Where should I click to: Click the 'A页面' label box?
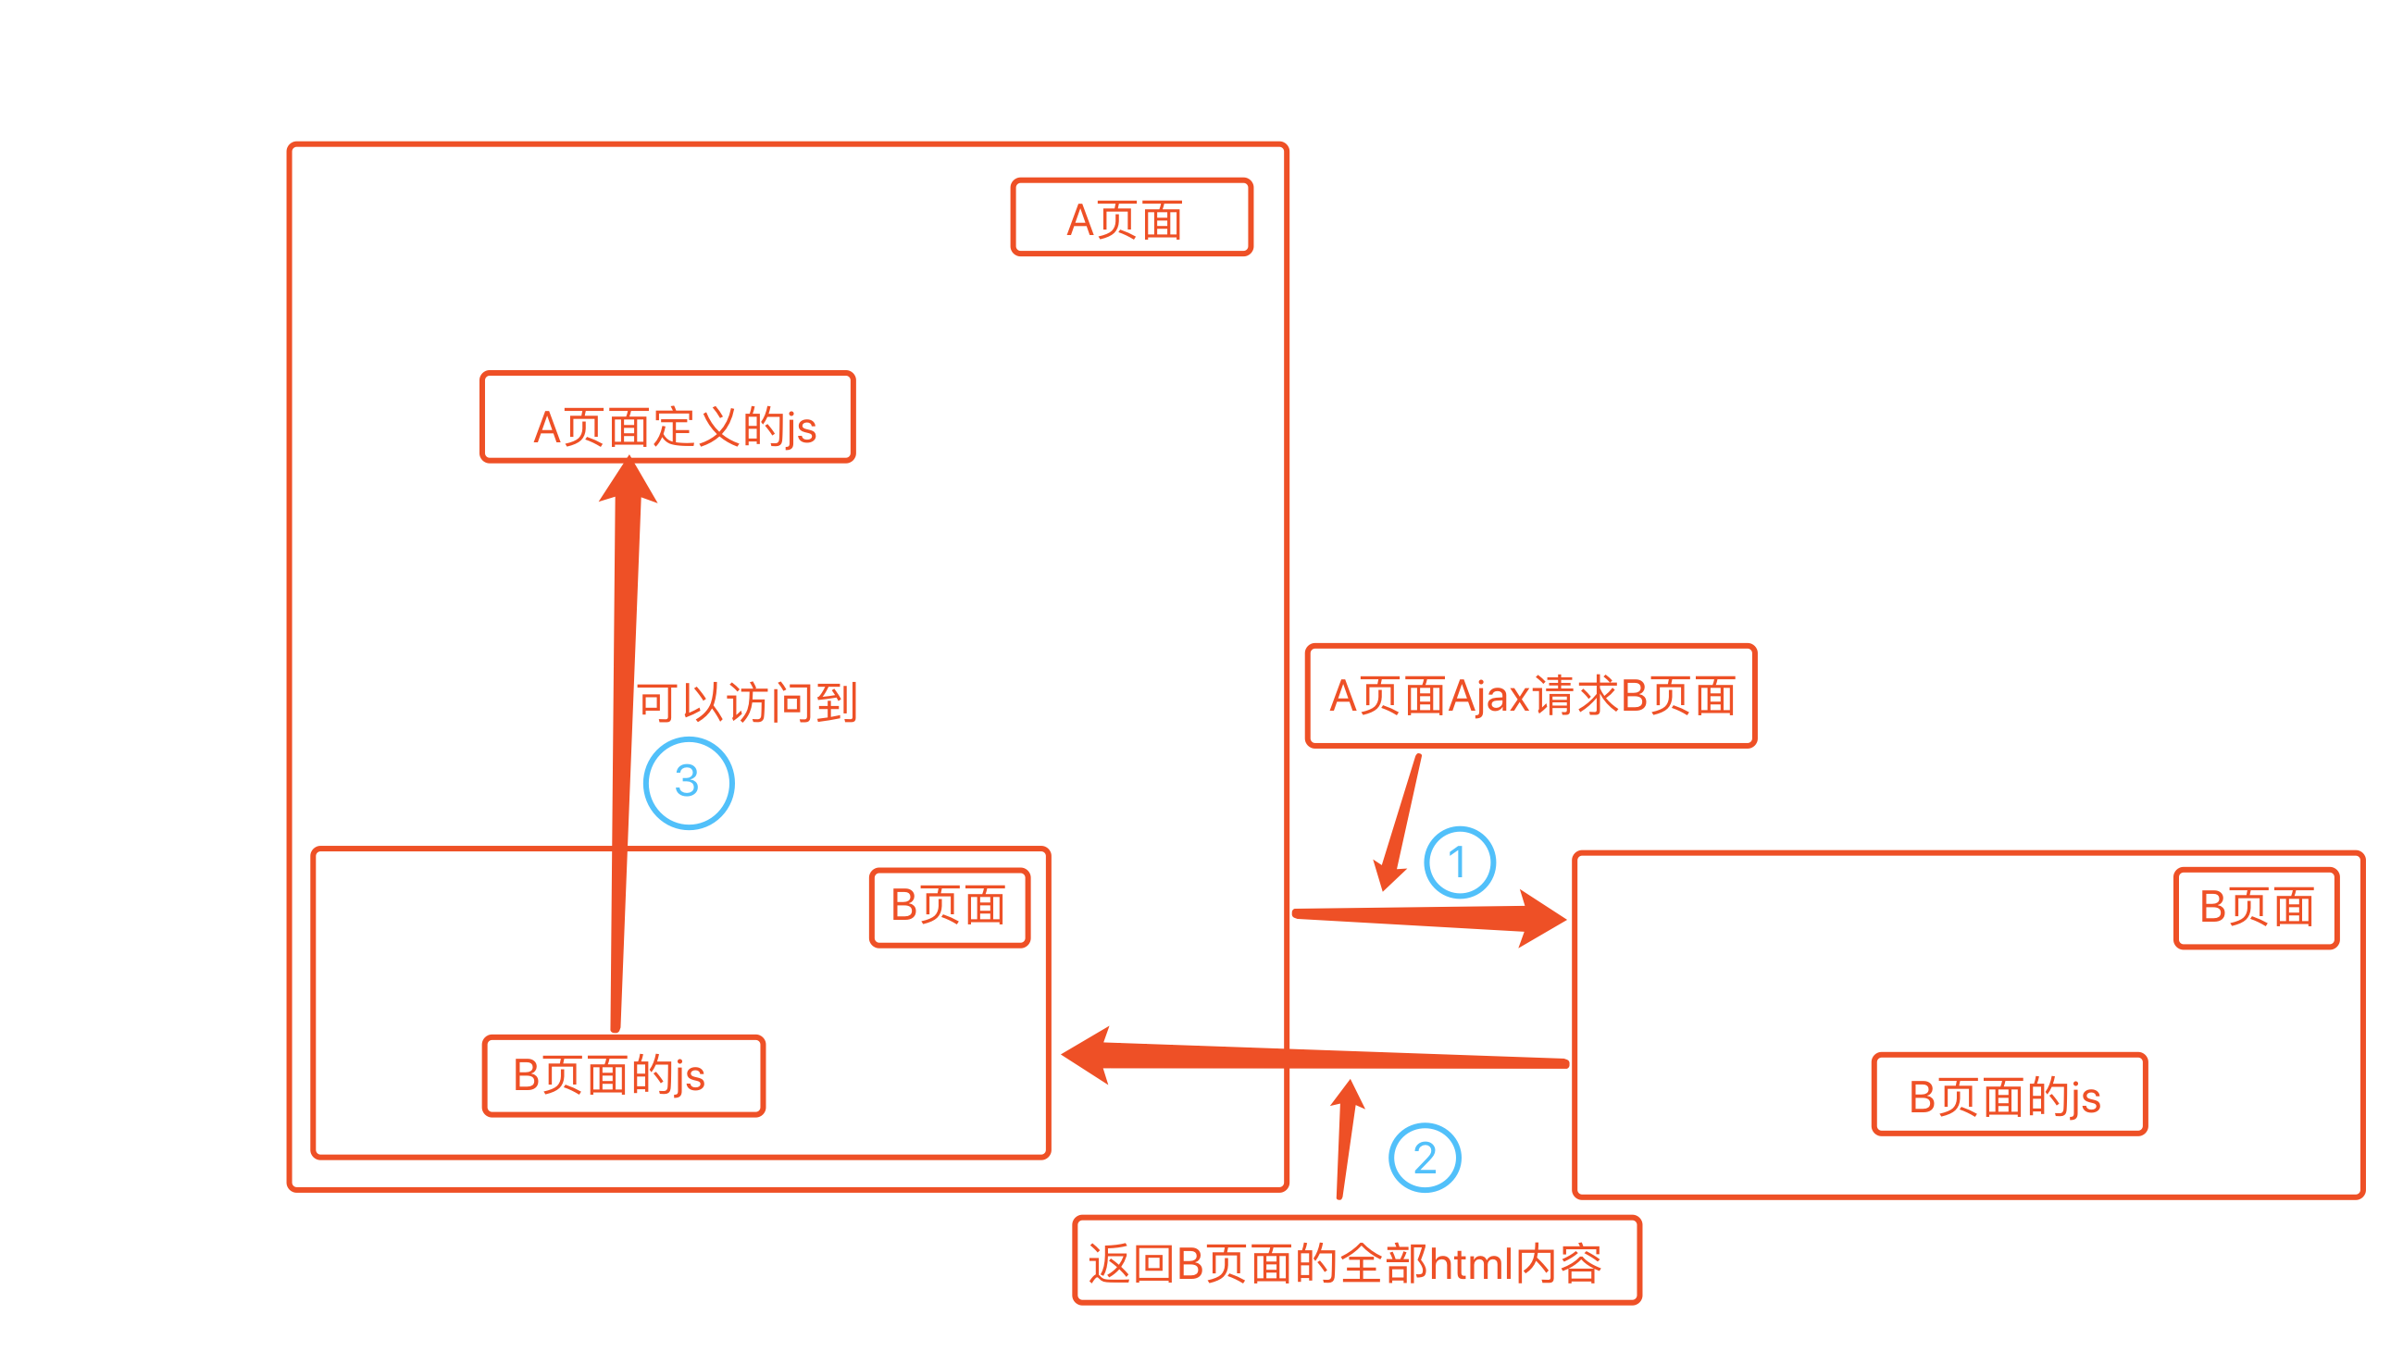(x=1131, y=217)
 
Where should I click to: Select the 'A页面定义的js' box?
(x=667, y=418)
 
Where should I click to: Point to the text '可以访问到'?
(x=747, y=701)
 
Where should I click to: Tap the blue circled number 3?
(x=689, y=782)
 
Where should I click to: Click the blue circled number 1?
(x=1459, y=862)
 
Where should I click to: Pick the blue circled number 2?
(x=1424, y=1158)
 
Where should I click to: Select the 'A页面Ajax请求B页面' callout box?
(x=1530, y=696)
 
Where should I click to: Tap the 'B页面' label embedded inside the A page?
(x=949, y=907)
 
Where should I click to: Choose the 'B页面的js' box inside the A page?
(x=623, y=1075)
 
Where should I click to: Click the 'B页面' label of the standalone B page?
(x=2255, y=908)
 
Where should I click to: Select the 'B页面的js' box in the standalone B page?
(x=2008, y=1094)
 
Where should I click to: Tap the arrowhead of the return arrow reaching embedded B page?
(x=1089, y=1055)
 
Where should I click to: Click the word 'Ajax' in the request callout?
(x=1488, y=697)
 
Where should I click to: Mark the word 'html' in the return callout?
(x=1472, y=1264)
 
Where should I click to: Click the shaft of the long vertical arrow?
(x=623, y=750)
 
